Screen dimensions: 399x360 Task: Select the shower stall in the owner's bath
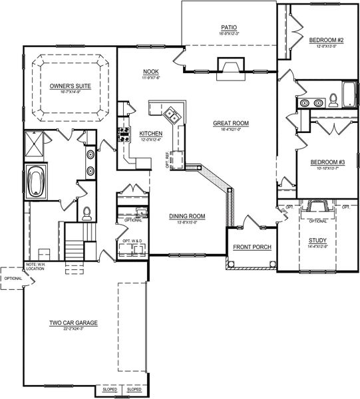[33, 142]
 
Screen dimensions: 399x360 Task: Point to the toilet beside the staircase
[87, 213]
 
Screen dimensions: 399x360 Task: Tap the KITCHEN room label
[150, 134]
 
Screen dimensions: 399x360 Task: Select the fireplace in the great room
[230, 66]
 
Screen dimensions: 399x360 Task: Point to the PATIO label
[230, 28]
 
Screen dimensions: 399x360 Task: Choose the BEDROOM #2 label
[325, 41]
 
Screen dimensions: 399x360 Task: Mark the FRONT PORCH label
[252, 247]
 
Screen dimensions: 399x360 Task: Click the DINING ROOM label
[186, 216]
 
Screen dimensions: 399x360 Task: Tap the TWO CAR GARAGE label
[73, 323]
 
